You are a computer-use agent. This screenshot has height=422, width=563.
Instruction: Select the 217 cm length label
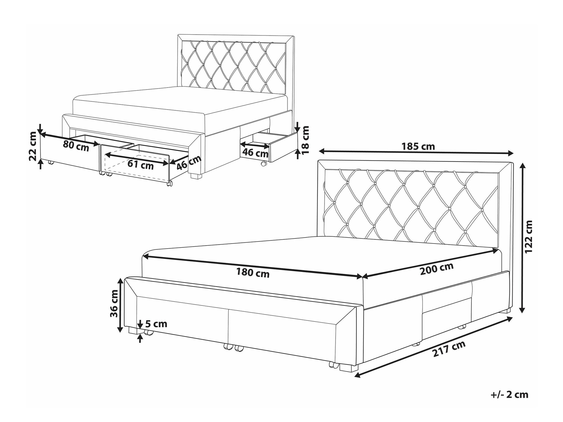(x=449, y=349)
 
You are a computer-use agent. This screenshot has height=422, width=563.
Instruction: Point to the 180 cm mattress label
(x=253, y=273)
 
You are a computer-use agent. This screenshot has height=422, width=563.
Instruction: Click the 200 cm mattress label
(x=437, y=269)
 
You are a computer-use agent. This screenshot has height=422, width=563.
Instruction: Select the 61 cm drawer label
(x=140, y=164)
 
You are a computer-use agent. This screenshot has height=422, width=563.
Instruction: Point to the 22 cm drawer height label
(x=33, y=150)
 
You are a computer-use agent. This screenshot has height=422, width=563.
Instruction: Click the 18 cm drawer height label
(x=305, y=140)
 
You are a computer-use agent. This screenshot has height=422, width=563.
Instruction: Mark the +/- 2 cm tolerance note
(x=510, y=395)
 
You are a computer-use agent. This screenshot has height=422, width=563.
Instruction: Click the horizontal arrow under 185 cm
(x=416, y=152)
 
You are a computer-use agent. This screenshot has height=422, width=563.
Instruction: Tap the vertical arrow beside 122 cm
(x=522, y=238)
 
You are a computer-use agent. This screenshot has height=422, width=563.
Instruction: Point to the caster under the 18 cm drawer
(x=264, y=164)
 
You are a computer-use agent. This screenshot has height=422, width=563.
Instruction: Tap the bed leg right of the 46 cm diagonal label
(x=196, y=176)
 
